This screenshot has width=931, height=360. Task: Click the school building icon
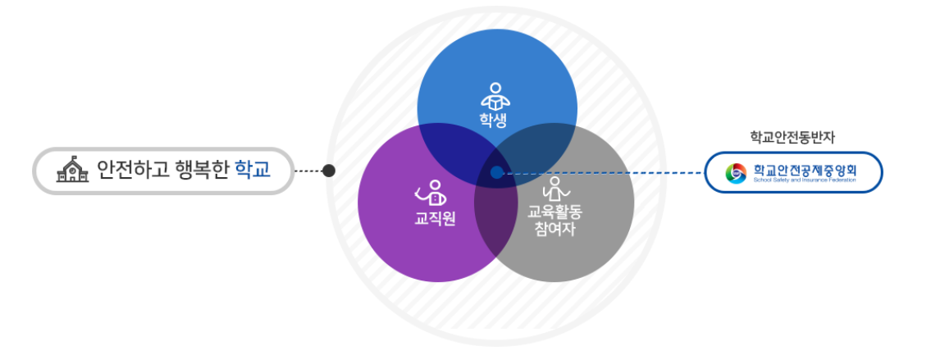[x=72, y=170]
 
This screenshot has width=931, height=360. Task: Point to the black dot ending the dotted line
[x=329, y=171]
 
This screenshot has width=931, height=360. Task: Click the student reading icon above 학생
[x=495, y=97]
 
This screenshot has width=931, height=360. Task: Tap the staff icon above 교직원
[x=431, y=194]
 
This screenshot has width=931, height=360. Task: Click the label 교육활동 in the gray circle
[x=554, y=212]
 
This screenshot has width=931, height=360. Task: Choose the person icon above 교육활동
[x=555, y=189]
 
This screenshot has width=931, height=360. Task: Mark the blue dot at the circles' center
[x=496, y=172]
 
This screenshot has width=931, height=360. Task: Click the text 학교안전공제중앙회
[x=804, y=169]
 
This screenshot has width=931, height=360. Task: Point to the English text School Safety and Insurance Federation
[x=804, y=180]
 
